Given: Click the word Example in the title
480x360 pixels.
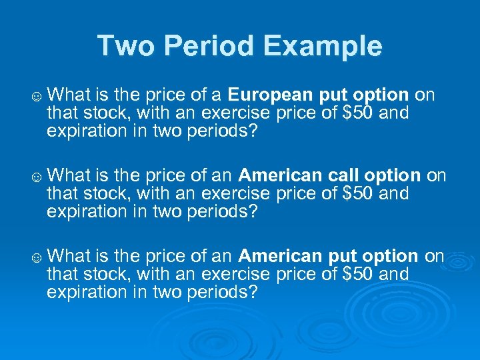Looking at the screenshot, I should [x=323, y=46].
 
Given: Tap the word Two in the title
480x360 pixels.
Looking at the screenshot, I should [x=125, y=46].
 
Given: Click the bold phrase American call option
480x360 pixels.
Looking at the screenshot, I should [x=329, y=175].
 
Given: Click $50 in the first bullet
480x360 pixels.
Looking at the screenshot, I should [x=358, y=113].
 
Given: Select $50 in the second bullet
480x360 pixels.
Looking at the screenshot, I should [x=358, y=194].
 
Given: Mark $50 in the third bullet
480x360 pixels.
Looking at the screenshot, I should [x=358, y=274].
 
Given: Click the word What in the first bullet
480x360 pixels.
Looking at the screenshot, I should [x=70, y=95].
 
